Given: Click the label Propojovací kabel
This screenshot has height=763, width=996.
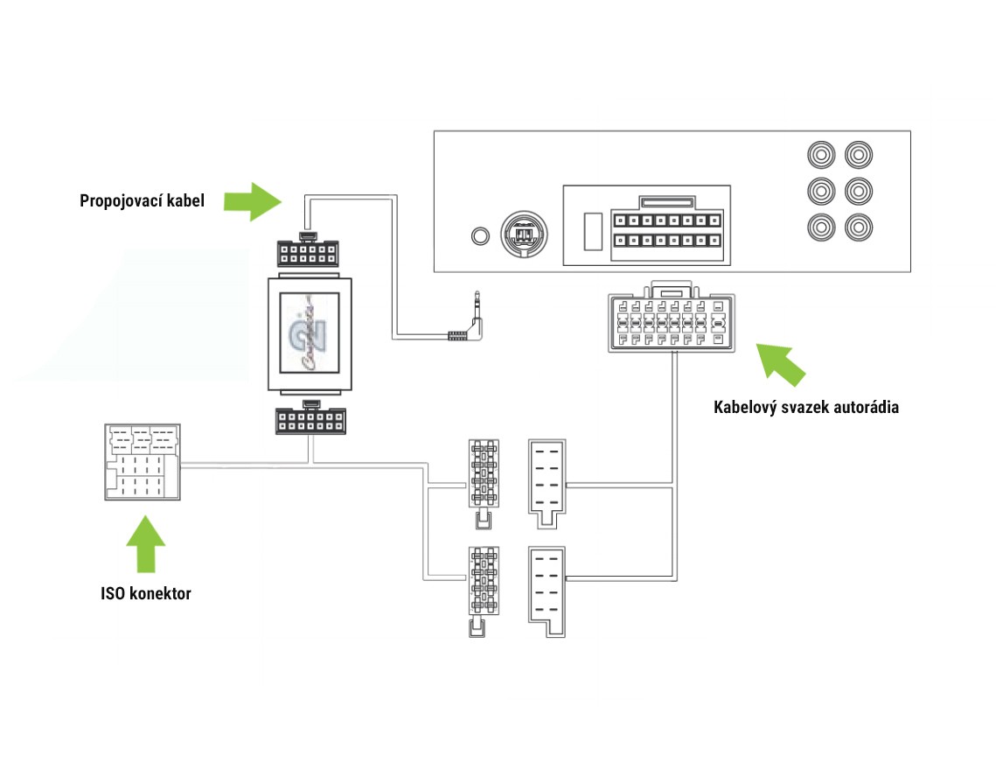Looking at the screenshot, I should tap(142, 200).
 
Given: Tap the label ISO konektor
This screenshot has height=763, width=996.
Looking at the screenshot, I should tap(145, 594).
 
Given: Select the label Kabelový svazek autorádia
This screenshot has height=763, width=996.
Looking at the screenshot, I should tap(805, 407).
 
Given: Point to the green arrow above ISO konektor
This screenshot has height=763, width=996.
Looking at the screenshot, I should tap(145, 544).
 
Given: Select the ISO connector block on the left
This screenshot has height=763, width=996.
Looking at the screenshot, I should tap(143, 463).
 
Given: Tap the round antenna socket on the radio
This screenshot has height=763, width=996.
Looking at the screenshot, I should tap(523, 234).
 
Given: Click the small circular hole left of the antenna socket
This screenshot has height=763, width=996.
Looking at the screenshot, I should tap(479, 235).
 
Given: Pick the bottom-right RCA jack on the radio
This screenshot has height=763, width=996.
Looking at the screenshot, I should tap(858, 227).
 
